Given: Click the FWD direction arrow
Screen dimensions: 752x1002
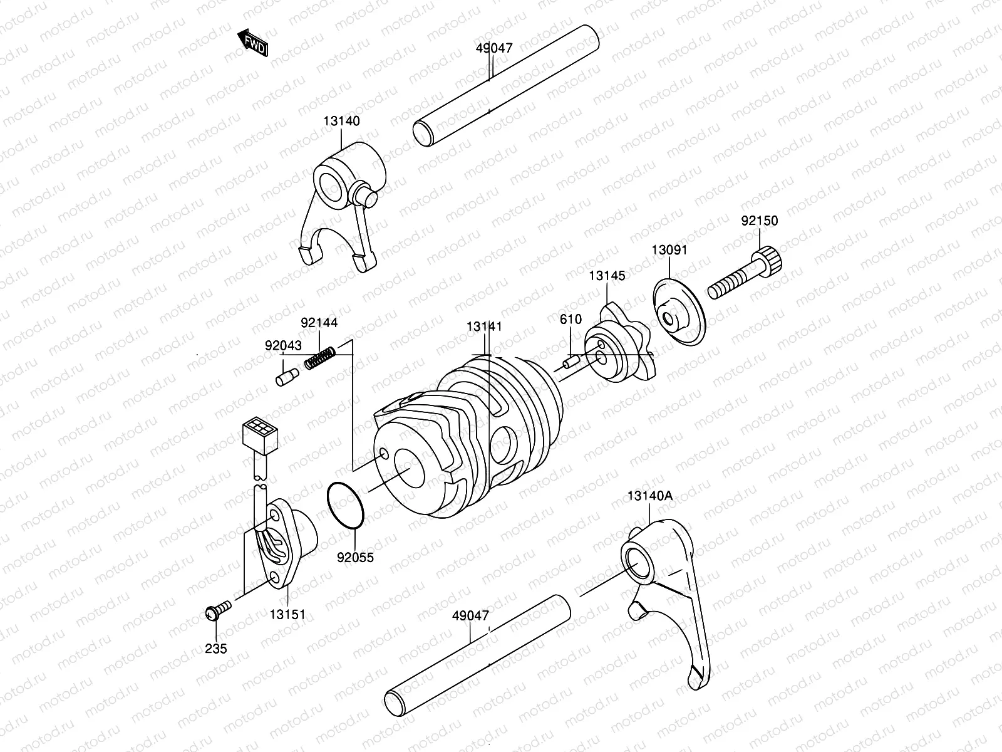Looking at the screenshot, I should [253, 43].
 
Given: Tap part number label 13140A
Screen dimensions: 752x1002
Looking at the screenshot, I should [649, 496].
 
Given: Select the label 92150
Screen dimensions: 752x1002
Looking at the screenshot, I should [759, 221].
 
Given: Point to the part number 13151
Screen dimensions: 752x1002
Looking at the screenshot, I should [287, 615].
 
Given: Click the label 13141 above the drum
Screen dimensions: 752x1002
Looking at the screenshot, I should [484, 327].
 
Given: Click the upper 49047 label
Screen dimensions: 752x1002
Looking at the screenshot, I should [494, 48].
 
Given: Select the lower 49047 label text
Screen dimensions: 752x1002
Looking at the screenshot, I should [470, 615].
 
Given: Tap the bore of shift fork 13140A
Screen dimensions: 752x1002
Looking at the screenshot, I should [638, 561].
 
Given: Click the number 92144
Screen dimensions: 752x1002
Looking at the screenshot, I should [319, 323].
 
